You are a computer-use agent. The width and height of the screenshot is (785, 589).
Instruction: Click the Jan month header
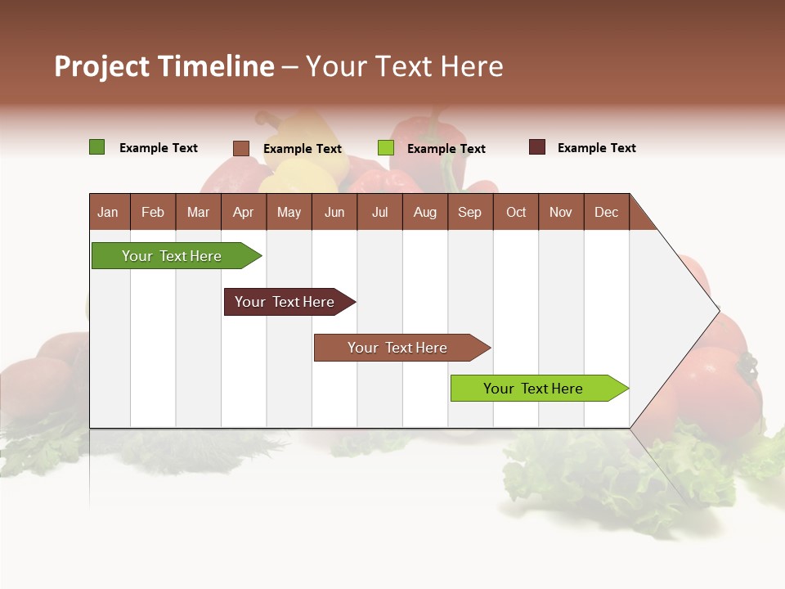click(x=108, y=212)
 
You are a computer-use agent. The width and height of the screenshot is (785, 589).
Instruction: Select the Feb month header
click(x=153, y=212)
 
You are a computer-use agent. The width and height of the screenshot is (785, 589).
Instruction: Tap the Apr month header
click(x=243, y=212)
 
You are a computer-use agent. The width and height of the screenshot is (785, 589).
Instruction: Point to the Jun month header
click(x=334, y=212)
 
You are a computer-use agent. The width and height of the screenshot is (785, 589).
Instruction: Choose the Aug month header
click(x=424, y=212)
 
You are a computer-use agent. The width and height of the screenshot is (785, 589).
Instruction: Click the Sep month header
click(x=469, y=212)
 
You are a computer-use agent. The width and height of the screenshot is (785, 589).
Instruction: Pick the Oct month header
click(x=516, y=212)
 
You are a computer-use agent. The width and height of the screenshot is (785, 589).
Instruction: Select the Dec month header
click(x=606, y=212)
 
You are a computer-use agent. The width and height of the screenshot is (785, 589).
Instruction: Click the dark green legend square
click(x=97, y=147)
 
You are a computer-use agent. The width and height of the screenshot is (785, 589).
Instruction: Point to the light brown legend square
click(x=241, y=148)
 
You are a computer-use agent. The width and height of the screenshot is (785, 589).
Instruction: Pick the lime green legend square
click(x=386, y=148)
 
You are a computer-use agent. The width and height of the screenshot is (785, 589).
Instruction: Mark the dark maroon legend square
click(x=537, y=147)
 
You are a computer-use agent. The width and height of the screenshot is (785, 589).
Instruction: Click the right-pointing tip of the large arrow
click(x=715, y=311)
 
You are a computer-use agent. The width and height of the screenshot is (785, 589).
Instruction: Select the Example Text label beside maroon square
click(x=596, y=148)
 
